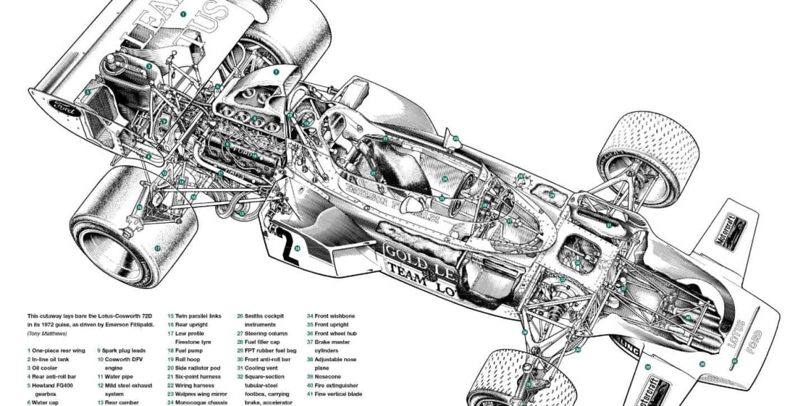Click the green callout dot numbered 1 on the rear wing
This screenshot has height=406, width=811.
[183, 13]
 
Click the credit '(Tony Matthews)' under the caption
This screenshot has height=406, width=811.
[48, 333]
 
